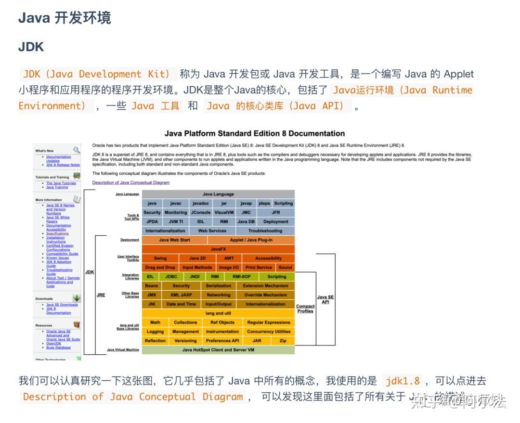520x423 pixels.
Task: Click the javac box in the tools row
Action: point(175,204)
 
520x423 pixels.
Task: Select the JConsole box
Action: point(200,213)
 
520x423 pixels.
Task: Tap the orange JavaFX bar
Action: point(218,249)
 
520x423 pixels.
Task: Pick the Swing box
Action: point(160,258)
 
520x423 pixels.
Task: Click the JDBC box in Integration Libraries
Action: point(171,277)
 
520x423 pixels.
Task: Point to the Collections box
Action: point(185,322)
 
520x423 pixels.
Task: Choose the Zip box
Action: point(283,341)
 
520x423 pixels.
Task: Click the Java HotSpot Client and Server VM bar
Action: point(218,350)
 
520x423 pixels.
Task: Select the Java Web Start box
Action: point(174,240)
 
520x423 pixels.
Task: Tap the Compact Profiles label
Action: point(305,308)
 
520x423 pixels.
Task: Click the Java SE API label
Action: point(325,299)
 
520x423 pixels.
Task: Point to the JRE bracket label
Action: point(101,295)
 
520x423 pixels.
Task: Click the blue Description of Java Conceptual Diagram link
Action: point(130,183)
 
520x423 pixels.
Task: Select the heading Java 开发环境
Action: point(65,18)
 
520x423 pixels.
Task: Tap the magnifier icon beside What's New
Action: point(77,150)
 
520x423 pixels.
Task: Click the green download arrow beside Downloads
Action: point(77,298)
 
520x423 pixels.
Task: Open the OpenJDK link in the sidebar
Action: point(53,344)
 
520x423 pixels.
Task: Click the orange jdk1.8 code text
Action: point(403,381)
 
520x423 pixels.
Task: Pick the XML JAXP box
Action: point(181,295)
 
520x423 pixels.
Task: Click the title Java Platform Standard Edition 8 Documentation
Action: point(255,133)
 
